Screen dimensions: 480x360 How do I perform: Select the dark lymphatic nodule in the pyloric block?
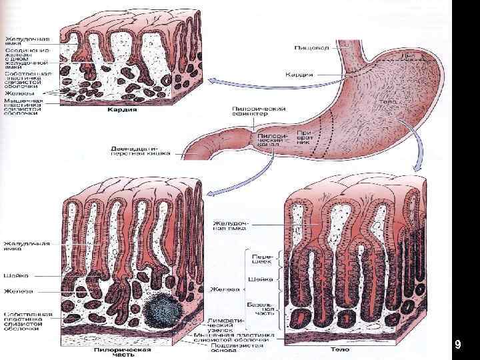click(159, 308)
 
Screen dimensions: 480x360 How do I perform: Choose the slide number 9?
click(457, 345)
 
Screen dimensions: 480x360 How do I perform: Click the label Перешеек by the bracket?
click(259, 259)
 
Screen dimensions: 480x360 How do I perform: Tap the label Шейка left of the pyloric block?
click(14, 275)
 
